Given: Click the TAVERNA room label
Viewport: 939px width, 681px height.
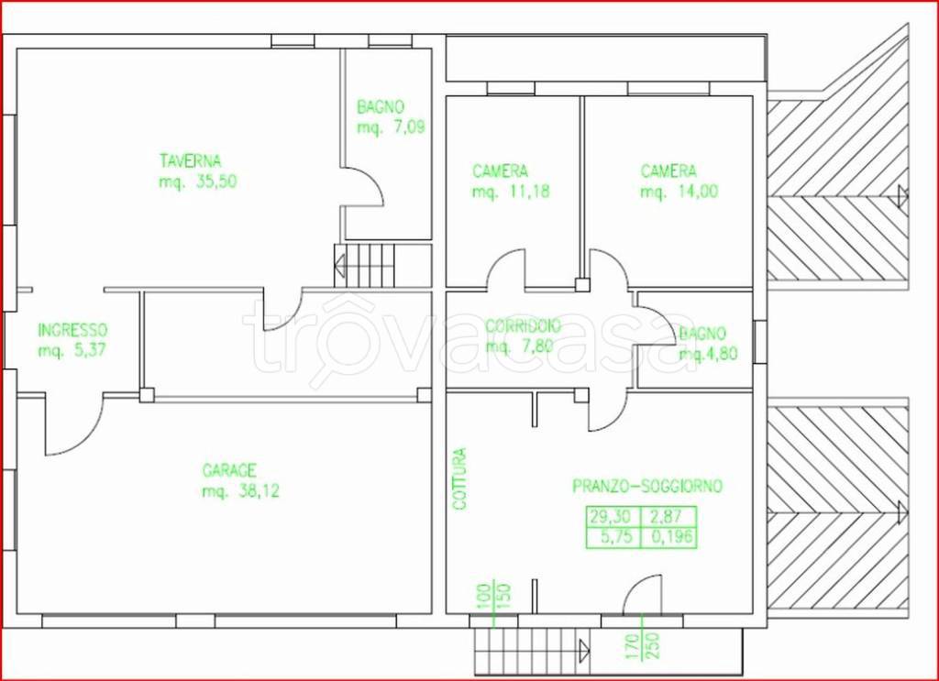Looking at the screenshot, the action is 190,161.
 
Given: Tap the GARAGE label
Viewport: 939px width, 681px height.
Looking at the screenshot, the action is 229,471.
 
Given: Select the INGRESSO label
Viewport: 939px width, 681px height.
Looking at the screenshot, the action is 72,330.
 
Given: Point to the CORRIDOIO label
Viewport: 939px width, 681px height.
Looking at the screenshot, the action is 523,326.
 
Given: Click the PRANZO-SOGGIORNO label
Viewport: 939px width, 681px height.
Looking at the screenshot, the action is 647,486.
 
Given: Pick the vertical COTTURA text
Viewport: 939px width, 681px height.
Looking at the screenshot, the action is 459,479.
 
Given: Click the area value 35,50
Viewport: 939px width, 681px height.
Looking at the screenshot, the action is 216,181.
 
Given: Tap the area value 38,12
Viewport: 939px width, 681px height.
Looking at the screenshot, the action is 259,491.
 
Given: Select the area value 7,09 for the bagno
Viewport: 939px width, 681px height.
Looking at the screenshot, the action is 409,127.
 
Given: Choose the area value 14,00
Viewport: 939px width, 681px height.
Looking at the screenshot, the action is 698,192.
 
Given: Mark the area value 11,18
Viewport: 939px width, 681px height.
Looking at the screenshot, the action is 529,192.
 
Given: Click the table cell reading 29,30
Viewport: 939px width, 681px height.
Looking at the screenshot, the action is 612,517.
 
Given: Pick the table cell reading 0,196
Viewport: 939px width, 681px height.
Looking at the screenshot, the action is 668,537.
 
